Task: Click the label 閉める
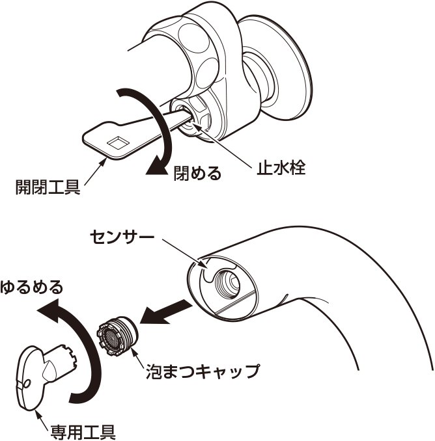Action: point(197,174)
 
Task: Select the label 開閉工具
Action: point(48,189)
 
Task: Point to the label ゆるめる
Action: point(32,286)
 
